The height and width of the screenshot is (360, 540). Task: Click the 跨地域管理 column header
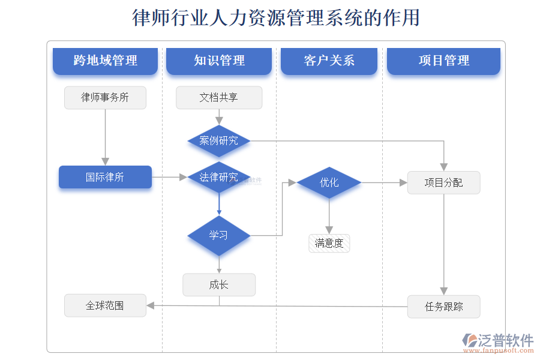105,61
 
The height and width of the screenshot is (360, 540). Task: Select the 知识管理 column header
219,61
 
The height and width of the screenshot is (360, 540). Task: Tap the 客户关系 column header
329,61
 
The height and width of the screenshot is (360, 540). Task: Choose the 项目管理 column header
443,61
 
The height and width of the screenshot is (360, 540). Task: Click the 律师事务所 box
105,98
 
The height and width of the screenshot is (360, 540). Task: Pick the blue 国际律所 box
105,177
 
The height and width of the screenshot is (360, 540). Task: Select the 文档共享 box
219,98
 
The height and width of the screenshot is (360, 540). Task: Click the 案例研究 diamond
219,141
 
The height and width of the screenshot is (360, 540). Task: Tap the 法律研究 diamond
219,177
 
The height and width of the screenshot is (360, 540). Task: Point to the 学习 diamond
219,235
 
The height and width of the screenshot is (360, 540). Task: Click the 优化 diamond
329,182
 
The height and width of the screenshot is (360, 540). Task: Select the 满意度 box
329,243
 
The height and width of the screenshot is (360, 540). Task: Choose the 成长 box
219,285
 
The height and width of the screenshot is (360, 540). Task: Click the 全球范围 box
105,305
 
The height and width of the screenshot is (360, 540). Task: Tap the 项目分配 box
443,182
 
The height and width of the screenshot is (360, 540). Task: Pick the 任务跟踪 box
443,307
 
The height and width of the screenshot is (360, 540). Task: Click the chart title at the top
275,18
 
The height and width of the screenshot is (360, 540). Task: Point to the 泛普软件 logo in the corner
498,341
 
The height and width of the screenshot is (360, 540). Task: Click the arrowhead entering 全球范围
151,305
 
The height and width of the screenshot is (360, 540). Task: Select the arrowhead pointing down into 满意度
329,230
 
